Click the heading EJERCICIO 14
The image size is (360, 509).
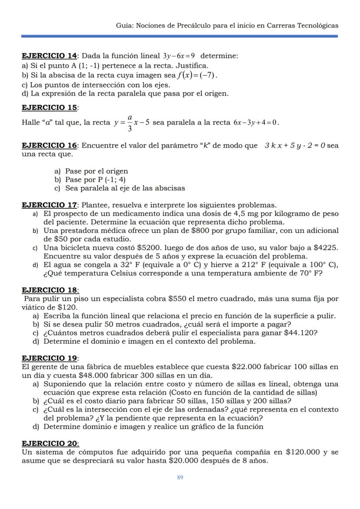click(49, 56)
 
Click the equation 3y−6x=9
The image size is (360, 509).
click(179, 56)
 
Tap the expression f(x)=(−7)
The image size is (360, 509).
click(198, 75)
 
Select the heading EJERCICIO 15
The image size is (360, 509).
click(49, 107)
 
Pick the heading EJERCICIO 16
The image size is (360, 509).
click(49, 146)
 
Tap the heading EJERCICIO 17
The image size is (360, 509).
click(49, 205)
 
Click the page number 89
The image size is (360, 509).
click(180, 477)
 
